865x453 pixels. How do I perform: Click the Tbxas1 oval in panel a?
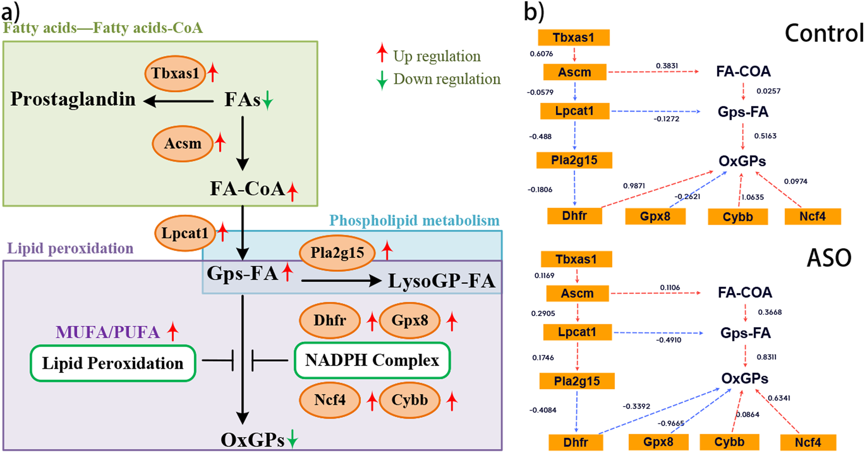tap(175, 74)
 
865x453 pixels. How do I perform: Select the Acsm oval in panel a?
tap(183, 144)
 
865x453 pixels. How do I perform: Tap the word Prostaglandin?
tap(73, 99)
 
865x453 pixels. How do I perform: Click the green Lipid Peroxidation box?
tap(113, 363)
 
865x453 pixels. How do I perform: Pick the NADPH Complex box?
tap(372, 360)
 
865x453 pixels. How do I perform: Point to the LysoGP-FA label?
tap(441, 281)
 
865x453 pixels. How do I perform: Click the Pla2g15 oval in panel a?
tap(337, 253)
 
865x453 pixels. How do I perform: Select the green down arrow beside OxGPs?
tap(293, 439)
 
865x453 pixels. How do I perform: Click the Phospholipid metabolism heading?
tap(414, 220)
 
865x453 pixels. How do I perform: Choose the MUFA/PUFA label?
tap(108, 332)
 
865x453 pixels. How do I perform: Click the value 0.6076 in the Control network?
tap(541, 54)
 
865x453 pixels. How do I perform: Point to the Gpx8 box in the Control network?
tap(655, 216)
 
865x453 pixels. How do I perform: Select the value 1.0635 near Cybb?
tap(752, 197)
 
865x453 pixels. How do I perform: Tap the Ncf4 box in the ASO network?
tap(808, 442)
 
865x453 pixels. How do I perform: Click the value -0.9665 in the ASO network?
tap(670, 423)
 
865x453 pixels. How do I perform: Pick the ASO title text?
tap(829, 258)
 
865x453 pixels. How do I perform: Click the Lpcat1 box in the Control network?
tap(574, 111)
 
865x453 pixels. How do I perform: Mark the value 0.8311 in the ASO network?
tap(766, 357)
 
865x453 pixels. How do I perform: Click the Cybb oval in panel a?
tap(409, 400)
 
